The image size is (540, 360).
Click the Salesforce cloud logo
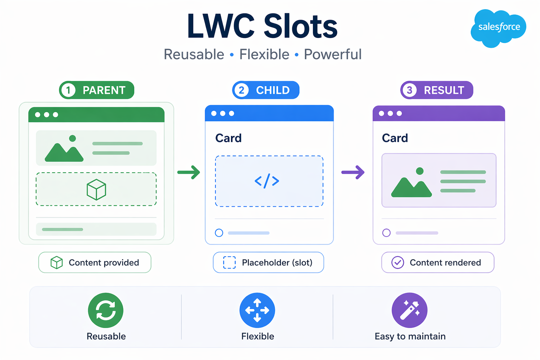click(x=499, y=27)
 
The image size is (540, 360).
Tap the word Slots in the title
click(x=301, y=27)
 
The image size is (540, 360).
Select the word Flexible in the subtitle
click(x=264, y=54)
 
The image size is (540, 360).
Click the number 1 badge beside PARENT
click(x=68, y=90)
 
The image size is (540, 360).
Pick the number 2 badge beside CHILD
click(x=241, y=90)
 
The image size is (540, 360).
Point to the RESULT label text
click(x=444, y=90)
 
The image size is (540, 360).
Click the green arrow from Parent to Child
click(x=189, y=172)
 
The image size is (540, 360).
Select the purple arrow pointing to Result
click(x=353, y=172)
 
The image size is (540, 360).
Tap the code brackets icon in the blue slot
click(x=267, y=181)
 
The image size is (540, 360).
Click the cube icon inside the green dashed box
click(x=96, y=189)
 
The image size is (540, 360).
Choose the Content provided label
click(x=104, y=263)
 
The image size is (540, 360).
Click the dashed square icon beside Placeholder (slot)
click(x=230, y=263)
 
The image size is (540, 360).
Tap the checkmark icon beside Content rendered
click(x=398, y=263)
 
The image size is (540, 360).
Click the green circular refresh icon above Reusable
click(x=105, y=310)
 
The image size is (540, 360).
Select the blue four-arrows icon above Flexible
click(x=257, y=310)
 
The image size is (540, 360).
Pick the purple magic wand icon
click(x=410, y=310)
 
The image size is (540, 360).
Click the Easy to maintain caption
click(x=410, y=336)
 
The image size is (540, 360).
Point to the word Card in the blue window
click(x=229, y=138)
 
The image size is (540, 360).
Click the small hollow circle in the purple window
click(x=386, y=233)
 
